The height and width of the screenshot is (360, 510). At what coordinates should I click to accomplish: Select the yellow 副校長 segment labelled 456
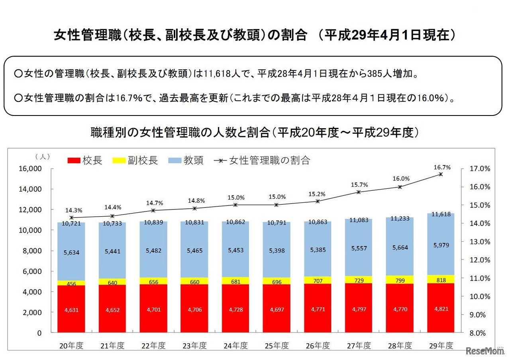(x=71, y=283)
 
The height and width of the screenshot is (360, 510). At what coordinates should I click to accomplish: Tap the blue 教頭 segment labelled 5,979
(x=440, y=245)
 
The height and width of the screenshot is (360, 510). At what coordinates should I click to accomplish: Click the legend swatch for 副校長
(x=119, y=160)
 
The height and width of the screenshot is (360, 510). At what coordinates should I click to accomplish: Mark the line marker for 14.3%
(x=71, y=217)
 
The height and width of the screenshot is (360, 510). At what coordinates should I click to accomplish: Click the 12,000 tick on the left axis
(x=30, y=209)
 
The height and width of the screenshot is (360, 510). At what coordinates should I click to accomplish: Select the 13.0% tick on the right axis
(x=479, y=242)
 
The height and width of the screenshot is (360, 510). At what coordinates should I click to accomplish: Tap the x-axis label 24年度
(x=235, y=346)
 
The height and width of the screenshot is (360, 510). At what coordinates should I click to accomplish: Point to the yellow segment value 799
(x=400, y=280)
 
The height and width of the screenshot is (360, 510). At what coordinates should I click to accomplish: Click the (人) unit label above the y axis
(x=43, y=157)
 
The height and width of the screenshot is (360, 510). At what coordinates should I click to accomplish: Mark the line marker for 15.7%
(x=359, y=192)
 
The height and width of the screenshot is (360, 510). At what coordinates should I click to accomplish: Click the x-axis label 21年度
(x=112, y=346)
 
